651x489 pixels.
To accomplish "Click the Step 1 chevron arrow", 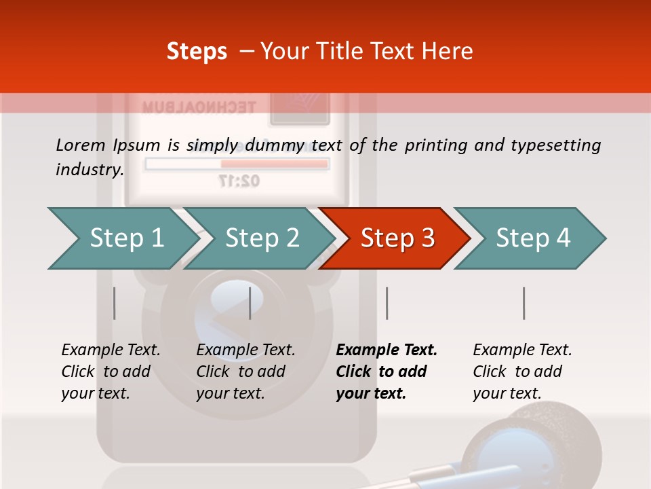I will coord(122,238).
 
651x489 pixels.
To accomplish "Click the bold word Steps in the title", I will coord(197,52).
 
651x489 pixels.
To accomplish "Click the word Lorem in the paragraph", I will coord(81,145).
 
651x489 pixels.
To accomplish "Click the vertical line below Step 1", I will coord(115,303).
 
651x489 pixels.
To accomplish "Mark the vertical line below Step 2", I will coord(250,303).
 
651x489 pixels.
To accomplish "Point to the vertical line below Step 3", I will coord(387,303).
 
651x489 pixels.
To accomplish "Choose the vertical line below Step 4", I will coord(524,303).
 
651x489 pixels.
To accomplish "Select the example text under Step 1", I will coord(111,372).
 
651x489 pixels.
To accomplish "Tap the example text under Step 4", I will coord(521,372).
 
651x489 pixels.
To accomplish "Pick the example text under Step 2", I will coord(245,372).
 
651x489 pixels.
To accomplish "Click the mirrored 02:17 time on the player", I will coord(239,181).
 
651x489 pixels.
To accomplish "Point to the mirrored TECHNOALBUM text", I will coord(199,107).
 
